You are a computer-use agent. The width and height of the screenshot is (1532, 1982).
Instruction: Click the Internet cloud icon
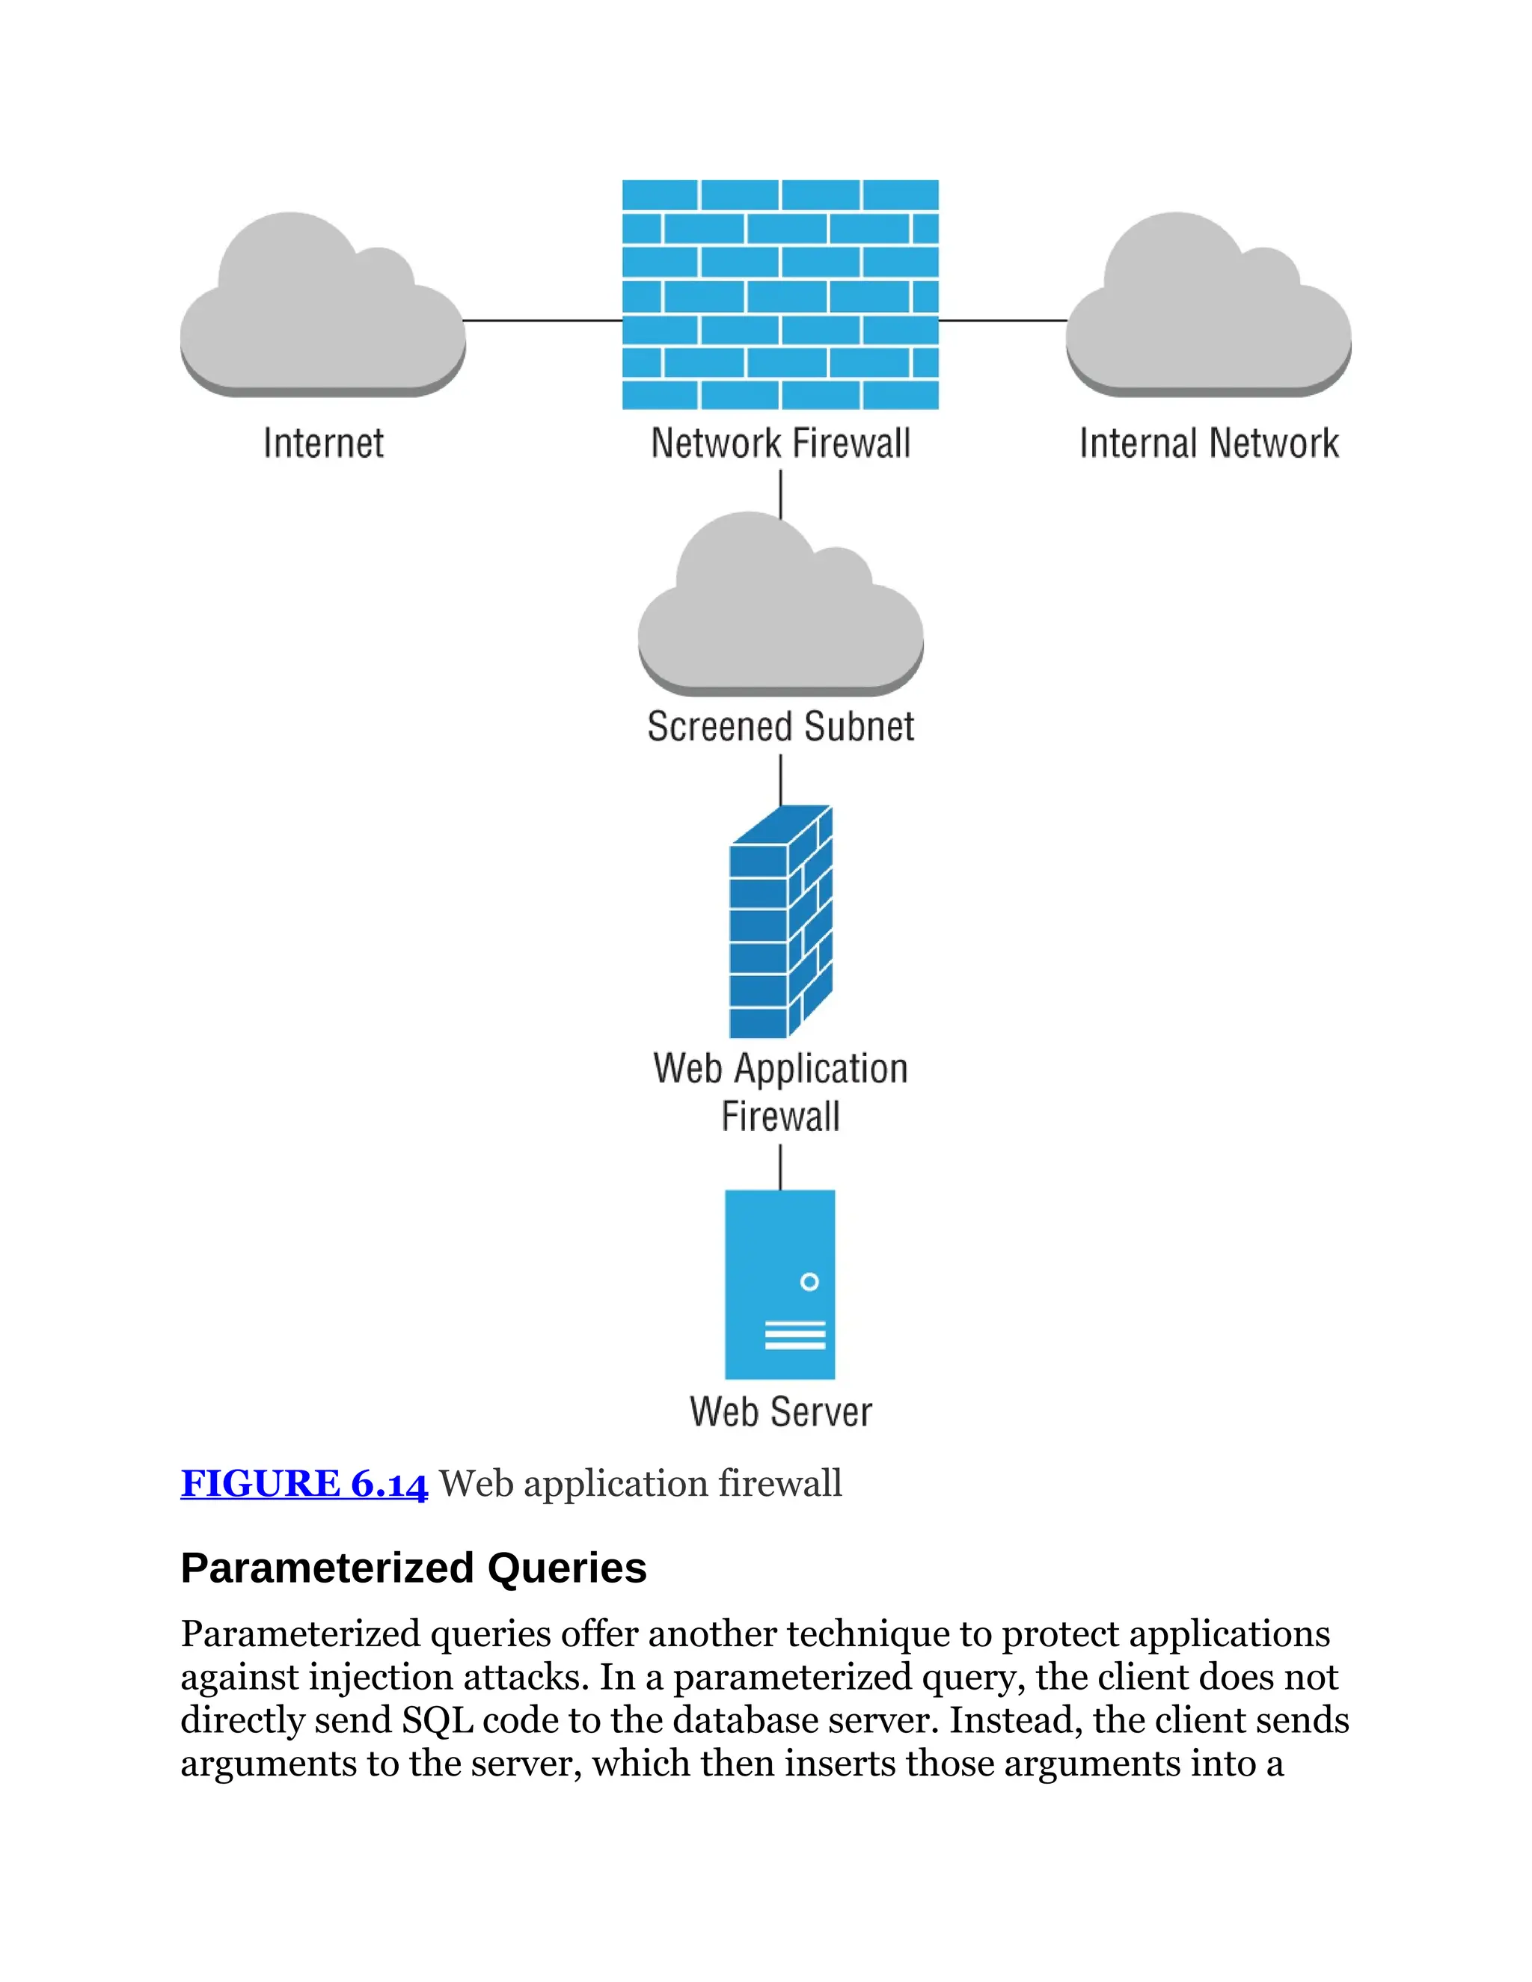[322, 309]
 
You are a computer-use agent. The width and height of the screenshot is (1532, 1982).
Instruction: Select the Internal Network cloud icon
[1208, 309]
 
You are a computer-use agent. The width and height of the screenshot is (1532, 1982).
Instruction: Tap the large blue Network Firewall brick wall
[779, 294]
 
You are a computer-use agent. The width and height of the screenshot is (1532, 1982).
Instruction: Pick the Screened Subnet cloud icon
[780, 608]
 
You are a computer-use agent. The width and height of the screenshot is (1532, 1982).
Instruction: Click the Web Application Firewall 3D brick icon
[780, 922]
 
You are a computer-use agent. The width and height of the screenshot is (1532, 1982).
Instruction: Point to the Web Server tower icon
[779, 1285]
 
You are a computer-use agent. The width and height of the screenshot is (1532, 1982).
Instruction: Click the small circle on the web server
[809, 1281]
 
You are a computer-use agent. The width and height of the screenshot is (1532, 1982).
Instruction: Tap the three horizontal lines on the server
[795, 1335]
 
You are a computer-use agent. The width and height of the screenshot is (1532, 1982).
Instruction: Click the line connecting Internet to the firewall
[543, 320]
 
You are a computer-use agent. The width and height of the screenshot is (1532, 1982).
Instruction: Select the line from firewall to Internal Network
[1003, 320]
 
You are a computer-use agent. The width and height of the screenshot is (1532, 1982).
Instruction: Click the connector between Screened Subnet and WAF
[780, 779]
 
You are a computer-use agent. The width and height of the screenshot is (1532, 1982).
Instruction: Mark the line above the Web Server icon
[780, 1166]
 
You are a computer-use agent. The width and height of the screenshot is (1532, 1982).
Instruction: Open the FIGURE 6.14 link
[303, 1483]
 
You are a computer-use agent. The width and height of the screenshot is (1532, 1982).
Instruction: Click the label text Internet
[323, 444]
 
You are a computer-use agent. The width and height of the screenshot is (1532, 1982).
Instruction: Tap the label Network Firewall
[780, 444]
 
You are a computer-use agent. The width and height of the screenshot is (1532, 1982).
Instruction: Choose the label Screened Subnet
[780, 727]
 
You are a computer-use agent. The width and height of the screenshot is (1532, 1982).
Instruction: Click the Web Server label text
[780, 1412]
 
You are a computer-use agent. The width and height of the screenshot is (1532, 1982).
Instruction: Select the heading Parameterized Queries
[413, 1568]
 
